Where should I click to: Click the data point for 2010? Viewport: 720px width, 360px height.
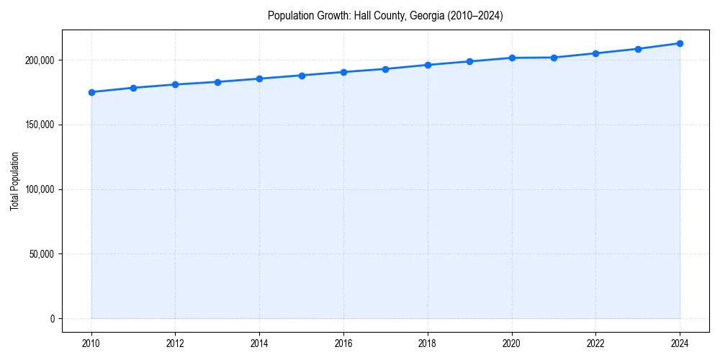pyautogui.click(x=91, y=92)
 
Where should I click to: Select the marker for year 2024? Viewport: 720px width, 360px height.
pyautogui.click(x=680, y=43)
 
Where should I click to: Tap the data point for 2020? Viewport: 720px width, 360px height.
pyautogui.click(x=512, y=58)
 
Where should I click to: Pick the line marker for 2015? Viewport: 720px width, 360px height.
pyautogui.click(x=302, y=76)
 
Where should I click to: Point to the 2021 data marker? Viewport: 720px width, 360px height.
pyautogui.click(x=554, y=58)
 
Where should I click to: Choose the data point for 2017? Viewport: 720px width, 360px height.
pyautogui.click(x=386, y=69)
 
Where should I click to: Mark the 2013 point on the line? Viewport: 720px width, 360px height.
pyautogui.click(x=217, y=82)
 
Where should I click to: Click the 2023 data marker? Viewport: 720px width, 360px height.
pyautogui.click(x=638, y=49)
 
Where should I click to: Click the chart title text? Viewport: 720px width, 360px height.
pyautogui.click(x=385, y=15)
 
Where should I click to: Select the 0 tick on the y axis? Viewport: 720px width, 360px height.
pyautogui.click(x=52, y=319)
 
